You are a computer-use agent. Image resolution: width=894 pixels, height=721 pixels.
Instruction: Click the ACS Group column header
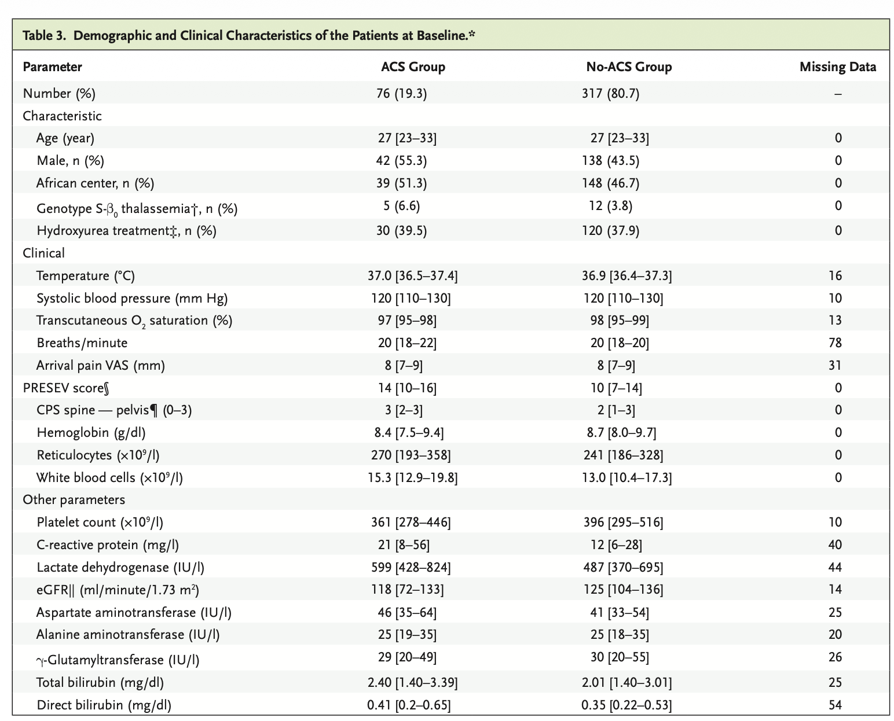(x=413, y=67)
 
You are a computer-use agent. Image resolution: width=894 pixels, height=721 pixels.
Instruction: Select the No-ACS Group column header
(x=629, y=67)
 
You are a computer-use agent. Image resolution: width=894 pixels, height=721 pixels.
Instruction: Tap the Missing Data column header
(x=837, y=67)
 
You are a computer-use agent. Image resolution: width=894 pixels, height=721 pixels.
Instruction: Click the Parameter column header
(x=52, y=67)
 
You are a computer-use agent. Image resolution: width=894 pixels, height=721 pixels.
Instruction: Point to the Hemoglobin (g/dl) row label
(x=90, y=432)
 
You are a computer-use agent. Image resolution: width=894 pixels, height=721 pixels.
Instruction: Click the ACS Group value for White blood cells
(x=413, y=477)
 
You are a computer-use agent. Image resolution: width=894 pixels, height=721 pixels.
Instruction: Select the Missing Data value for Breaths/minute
(x=835, y=343)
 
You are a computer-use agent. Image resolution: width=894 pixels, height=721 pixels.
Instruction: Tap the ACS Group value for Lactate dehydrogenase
(x=411, y=568)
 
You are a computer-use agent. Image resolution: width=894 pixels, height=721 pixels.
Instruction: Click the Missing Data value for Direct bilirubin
(x=835, y=705)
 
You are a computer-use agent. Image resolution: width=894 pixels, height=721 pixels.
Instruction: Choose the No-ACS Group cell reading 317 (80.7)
(x=610, y=94)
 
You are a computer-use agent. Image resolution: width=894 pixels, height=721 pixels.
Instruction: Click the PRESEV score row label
(x=65, y=388)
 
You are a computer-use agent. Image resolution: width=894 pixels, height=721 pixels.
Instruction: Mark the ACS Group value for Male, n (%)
(x=401, y=161)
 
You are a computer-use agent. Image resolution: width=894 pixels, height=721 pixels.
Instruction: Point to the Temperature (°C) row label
(x=85, y=276)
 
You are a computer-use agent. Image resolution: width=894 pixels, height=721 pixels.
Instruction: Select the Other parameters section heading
(x=74, y=500)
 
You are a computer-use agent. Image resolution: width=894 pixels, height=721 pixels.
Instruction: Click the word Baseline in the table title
(x=441, y=36)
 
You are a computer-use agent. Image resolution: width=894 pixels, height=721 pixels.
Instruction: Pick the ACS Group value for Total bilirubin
(x=412, y=683)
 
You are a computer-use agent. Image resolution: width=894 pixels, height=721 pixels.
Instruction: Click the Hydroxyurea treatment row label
(x=126, y=231)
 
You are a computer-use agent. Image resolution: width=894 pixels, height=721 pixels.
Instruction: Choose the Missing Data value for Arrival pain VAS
(x=835, y=365)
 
